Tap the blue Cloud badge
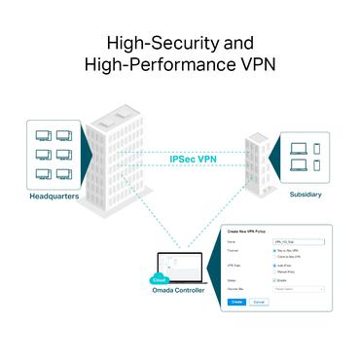coord(160,278)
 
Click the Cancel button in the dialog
coord(258,302)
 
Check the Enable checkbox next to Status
coord(277,279)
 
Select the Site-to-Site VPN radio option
coord(277,248)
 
